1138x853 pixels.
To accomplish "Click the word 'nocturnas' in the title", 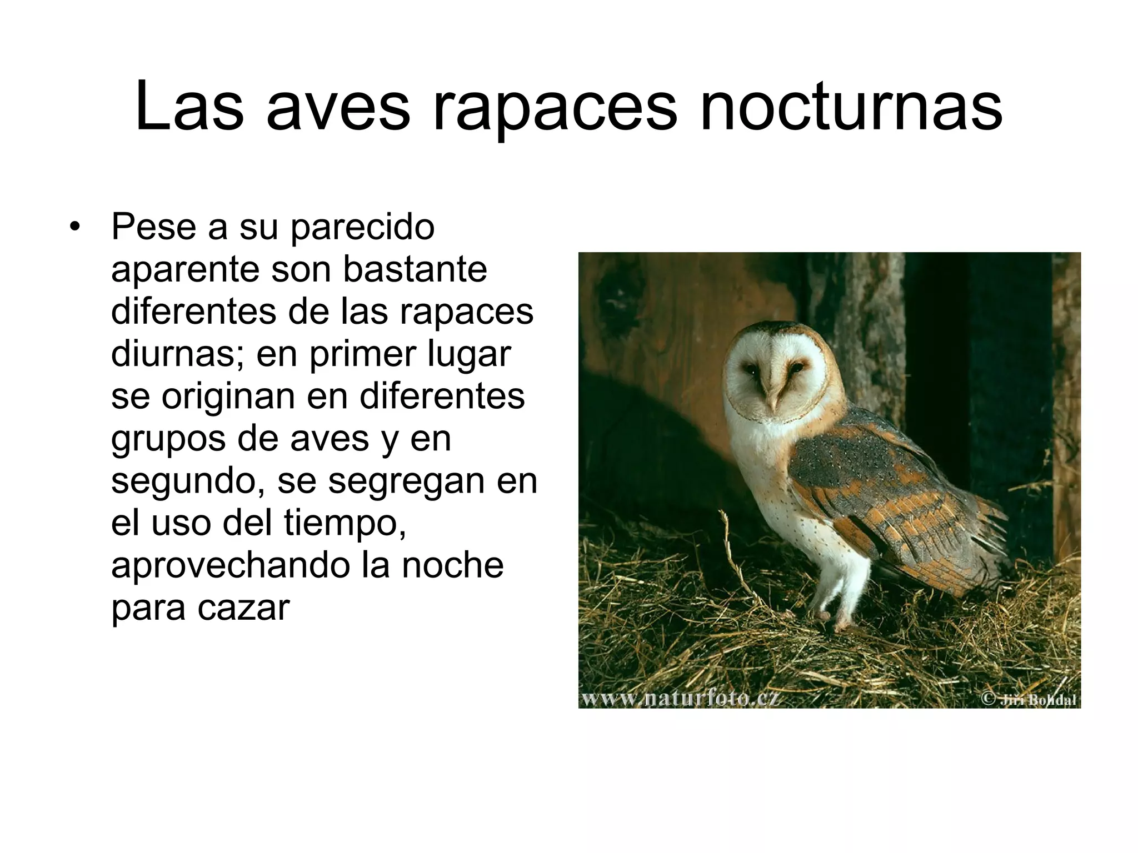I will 851,107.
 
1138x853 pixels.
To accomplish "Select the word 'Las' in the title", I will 189,107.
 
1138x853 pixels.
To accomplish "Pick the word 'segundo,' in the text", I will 188,481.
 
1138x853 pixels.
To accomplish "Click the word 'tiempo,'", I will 345,523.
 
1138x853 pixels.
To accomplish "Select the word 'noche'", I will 453,565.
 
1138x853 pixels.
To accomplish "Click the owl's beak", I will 772,394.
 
